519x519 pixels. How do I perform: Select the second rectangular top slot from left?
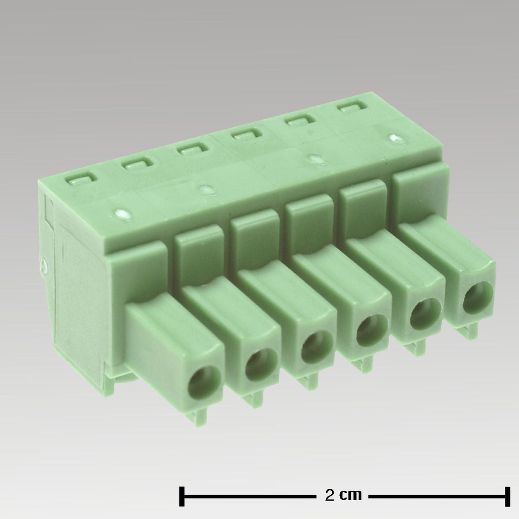coord(138,165)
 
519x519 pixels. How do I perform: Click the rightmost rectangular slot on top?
coord(354,108)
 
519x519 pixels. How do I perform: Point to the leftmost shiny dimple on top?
coord(121,212)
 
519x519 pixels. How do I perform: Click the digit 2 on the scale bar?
coord(330,495)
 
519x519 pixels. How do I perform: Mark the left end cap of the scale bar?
coord(182,495)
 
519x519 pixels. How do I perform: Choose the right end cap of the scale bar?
coord(508,495)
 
